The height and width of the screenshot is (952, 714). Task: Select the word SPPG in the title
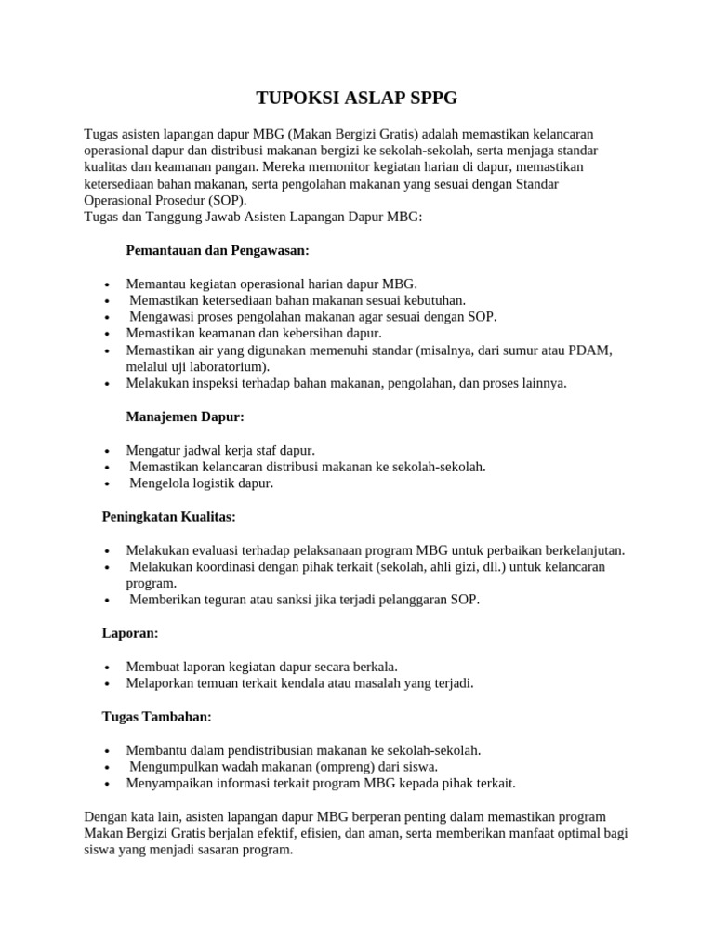[x=432, y=98]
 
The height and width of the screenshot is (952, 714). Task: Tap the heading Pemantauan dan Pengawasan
[x=217, y=251]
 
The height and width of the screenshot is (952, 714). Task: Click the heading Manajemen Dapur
[x=185, y=416]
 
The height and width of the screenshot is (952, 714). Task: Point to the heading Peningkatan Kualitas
[x=168, y=516]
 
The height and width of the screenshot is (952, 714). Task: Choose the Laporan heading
[x=129, y=632]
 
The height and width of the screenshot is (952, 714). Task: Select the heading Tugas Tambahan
[x=156, y=716]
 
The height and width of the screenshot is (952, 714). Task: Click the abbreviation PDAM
[x=591, y=350]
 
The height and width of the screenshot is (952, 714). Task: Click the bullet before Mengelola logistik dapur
[x=109, y=483]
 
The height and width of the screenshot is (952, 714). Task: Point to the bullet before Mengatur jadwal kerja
[x=109, y=451]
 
